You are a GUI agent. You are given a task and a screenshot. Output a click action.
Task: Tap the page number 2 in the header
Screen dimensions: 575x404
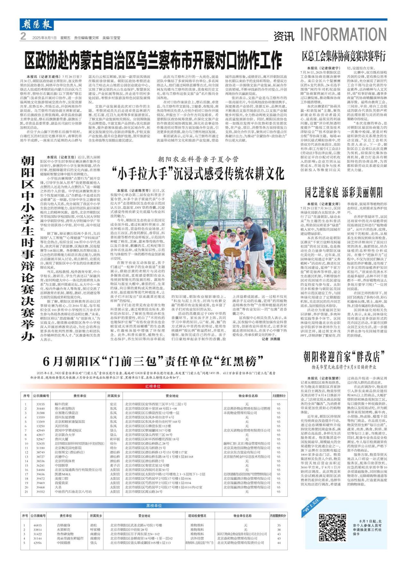click(x=23, y=37)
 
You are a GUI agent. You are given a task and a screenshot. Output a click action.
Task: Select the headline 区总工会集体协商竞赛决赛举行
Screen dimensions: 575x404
click(x=343, y=56)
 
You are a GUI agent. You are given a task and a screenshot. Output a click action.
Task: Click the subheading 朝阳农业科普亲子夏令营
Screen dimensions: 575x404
click(x=198, y=159)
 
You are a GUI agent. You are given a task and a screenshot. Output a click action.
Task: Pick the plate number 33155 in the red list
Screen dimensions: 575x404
click(x=40, y=404)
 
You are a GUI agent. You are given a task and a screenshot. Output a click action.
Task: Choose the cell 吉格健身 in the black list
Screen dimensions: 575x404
click(x=63, y=525)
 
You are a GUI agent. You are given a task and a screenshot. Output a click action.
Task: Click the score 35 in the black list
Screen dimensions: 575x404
click(x=279, y=525)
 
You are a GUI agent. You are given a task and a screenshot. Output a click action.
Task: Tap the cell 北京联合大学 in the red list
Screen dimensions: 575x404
click(x=65, y=435)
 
